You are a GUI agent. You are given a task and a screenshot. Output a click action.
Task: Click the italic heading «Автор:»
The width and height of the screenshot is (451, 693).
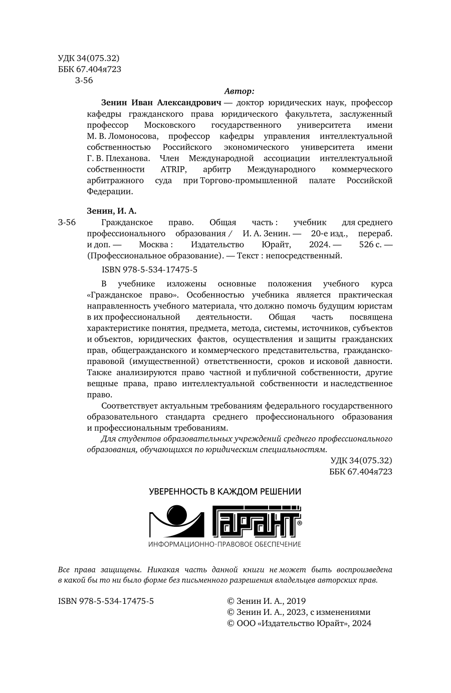(x=239, y=91)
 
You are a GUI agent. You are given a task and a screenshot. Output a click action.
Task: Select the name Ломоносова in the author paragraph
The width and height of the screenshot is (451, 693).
(x=132, y=136)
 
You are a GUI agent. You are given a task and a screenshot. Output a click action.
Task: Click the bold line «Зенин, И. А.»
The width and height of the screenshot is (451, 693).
(x=111, y=211)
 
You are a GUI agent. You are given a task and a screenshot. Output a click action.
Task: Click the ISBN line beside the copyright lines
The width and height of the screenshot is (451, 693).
(x=106, y=601)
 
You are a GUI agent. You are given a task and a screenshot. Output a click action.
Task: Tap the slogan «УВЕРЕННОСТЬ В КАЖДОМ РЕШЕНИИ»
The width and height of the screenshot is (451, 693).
(x=225, y=491)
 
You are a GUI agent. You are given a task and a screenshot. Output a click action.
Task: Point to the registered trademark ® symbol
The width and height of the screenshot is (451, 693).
(x=299, y=522)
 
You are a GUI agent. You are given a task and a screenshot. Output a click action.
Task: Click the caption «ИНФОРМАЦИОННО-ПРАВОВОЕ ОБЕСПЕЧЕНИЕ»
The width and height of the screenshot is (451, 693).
(x=225, y=544)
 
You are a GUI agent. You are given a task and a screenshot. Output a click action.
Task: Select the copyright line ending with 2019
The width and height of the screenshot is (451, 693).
(x=266, y=601)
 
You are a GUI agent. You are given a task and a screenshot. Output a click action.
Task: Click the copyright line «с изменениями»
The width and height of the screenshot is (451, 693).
(x=299, y=612)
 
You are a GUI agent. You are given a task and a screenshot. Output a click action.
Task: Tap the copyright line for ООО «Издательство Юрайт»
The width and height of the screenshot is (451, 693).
(x=299, y=623)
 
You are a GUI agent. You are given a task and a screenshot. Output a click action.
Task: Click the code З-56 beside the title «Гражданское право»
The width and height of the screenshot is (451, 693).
(x=67, y=222)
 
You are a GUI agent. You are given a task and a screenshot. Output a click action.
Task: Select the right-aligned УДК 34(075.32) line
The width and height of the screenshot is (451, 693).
(x=361, y=461)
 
